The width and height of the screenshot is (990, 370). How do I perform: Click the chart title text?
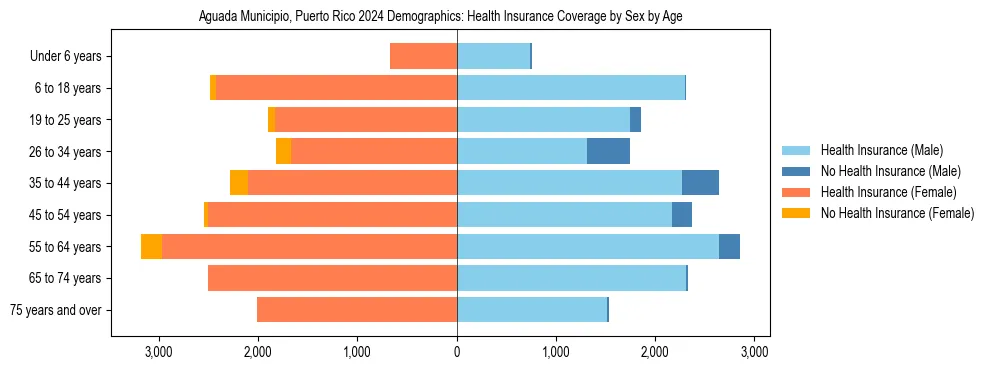[440, 17]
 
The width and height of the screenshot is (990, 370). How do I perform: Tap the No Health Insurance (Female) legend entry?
[897, 213]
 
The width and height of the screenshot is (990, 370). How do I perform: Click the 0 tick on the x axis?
[457, 352]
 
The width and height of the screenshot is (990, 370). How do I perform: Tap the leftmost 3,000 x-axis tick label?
[160, 352]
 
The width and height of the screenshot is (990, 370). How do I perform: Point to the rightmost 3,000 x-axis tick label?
[754, 352]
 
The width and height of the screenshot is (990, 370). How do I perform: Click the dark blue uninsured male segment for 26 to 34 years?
[608, 151]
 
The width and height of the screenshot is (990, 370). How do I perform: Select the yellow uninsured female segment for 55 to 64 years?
[151, 247]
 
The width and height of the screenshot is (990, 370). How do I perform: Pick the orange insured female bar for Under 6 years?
[423, 56]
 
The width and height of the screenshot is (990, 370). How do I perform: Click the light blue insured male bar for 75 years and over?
[532, 310]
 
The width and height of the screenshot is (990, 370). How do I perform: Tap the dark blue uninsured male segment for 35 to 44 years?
[700, 183]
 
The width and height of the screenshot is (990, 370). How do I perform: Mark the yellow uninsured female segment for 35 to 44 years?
[239, 183]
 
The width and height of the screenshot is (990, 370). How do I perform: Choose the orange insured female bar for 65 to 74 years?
[332, 278]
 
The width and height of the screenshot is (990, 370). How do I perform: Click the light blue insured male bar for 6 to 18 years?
[570, 88]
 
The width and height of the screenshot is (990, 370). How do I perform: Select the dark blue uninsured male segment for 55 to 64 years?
[729, 247]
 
